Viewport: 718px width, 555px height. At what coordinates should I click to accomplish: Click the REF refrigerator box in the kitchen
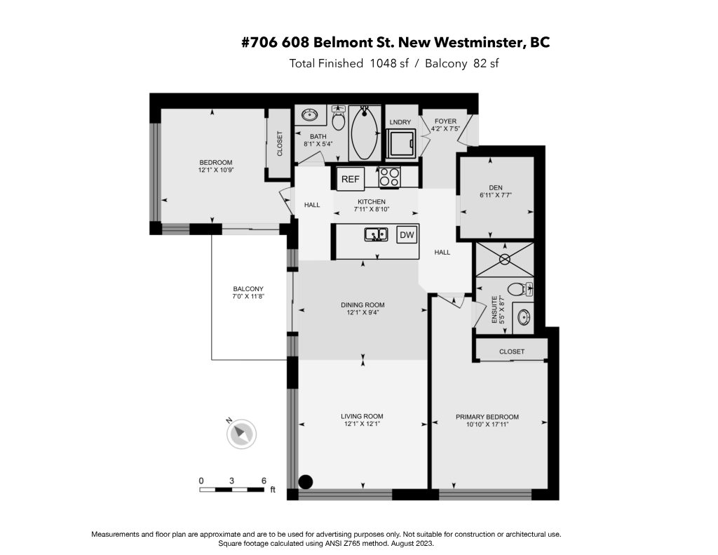click(x=351, y=179)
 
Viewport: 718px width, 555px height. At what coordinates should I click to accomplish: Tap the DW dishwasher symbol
click(x=407, y=235)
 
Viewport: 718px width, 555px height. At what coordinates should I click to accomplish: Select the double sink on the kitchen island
click(x=377, y=234)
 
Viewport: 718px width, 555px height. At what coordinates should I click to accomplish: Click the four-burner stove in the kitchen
click(x=390, y=178)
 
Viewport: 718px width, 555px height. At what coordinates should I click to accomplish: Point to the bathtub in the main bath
click(x=365, y=133)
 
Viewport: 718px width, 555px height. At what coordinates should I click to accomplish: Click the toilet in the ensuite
click(x=520, y=289)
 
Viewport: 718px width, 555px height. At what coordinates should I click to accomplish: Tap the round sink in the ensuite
click(x=524, y=316)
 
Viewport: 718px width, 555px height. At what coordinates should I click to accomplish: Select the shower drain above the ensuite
click(x=504, y=260)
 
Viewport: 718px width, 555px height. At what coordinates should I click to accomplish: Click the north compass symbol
click(x=241, y=433)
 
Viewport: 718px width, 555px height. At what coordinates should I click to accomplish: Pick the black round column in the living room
click(x=306, y=481)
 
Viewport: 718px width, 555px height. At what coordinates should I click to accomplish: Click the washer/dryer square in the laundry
click(x=401, y=142)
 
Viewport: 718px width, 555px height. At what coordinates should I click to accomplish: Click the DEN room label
click(x=496, y=187)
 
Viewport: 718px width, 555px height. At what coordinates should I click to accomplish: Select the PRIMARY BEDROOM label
click(x=487, y=417)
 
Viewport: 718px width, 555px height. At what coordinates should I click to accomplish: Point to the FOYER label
click(x=445, y=121)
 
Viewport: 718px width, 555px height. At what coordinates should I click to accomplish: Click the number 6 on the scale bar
click(x=264, y=481)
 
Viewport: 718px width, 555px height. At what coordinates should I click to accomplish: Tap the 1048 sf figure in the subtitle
click(x=389, y=63)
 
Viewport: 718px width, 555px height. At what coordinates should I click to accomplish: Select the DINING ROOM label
click(x=363, y=305)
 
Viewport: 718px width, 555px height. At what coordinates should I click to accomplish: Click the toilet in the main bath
click(x=339, y=119)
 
